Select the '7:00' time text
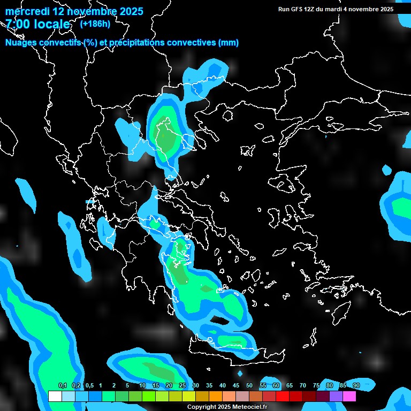tap(18, 24)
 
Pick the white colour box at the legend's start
tap(55, 397)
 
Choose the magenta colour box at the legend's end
tap(349, 397)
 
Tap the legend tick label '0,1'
tap(62, 386)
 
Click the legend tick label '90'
tap(356, 386)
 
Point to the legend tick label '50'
tap(249, 386)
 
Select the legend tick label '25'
tap(182, 386)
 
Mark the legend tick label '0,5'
tap(89, 386)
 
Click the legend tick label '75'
tap(316, 386)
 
